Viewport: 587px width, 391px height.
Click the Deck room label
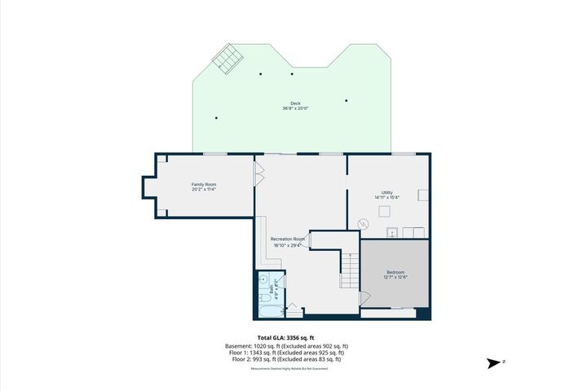(295, 103)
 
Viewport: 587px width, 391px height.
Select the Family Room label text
(204, 185)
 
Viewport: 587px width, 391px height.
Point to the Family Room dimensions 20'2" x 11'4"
(204, 191)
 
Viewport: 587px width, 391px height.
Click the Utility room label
(387, 192)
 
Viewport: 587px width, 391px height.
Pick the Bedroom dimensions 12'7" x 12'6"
(395, 278)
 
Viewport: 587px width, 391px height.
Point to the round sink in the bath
(264, 279)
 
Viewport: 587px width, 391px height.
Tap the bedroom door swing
(364, 300)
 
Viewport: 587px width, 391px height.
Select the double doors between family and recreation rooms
(259, 174)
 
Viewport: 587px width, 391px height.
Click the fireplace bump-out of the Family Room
(149, 187)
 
